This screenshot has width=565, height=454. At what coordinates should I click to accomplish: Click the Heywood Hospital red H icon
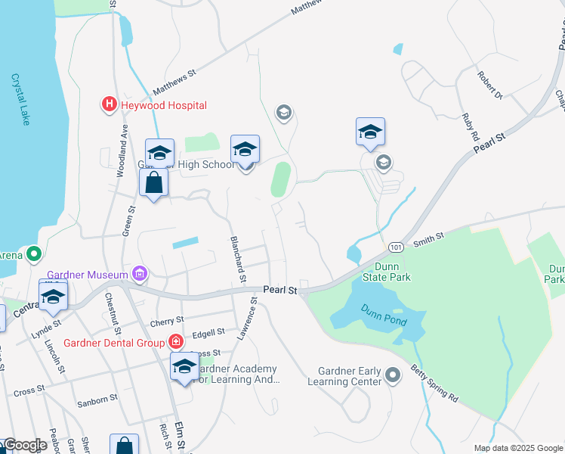[x=110, y=104]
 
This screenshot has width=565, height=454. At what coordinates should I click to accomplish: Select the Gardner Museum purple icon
[x=139, y=273]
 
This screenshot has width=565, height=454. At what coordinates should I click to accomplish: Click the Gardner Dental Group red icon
[x=175, y=343]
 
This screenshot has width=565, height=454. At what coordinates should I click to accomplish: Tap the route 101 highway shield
[x=395, y=247]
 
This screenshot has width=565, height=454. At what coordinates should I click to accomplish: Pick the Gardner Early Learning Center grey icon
[x=392, y=375]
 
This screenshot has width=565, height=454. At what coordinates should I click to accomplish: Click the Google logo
[x=24, y=445]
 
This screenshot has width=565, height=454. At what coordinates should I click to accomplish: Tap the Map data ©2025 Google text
[x=517, y=448]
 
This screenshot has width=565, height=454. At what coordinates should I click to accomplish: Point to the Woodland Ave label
[x=122, y=156]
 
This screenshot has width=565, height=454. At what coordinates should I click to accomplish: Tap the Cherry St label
[x=167, y=321]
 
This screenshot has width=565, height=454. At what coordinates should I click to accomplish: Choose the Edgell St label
[x=209, y=332]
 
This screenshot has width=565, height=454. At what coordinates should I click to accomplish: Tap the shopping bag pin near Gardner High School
[x=154, y=184]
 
